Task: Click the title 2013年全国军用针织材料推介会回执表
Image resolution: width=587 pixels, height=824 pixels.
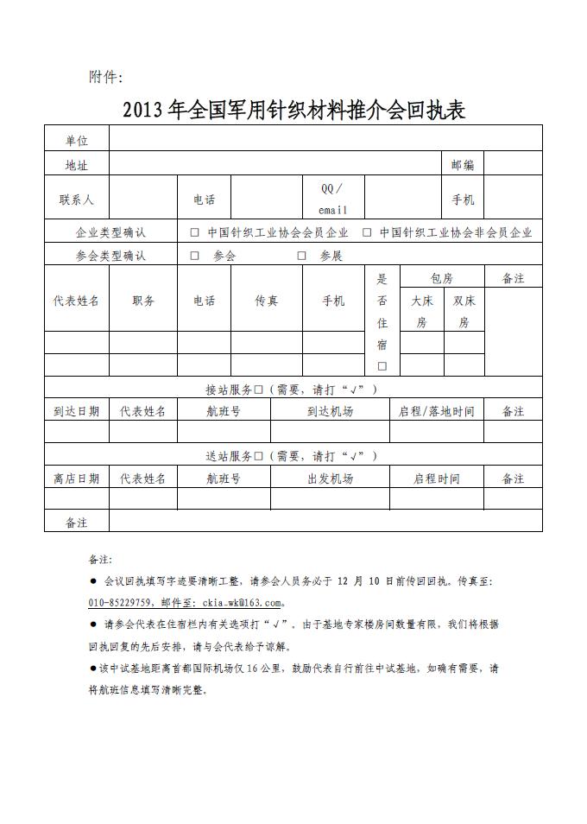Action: pyautogui.click(x=293, y=111)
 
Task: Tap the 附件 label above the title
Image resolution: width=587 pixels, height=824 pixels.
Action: pyautogui.click(x=106, y=77)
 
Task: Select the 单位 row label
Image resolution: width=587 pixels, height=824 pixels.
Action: pyautogui.click(x=77, y=140)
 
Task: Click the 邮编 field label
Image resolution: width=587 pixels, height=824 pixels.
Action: pyautogui.click(x=463, y=164)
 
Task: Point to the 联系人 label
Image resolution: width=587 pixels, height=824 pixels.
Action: pyautogui.click(x=77, y=200)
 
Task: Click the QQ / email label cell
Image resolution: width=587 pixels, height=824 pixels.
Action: pyautogui.click(x=332, y=199)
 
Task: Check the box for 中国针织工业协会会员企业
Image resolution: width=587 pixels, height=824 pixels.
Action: pyautogui.click(x=194, y=232)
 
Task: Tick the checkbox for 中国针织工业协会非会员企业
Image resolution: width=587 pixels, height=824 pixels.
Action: pyautogui.click(x=367, y=232)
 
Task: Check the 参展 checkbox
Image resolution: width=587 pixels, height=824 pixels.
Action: pyautogui.click(x=302, y=256)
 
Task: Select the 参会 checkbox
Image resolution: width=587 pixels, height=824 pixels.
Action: pyautogui.click(x=194, y=256)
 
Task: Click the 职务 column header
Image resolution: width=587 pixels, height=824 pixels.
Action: pyautogui.click(x=143, y=301)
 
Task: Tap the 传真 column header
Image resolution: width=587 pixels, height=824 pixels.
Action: pyautogui.click(x=266, y=301)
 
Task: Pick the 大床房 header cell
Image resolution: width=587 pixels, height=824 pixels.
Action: pyautogui.click(x=421, y=311)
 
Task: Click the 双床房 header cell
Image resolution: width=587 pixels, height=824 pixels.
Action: pyautogui.click(x=464, y=311)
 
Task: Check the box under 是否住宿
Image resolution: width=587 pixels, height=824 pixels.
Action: pyautogui.click(x=382, y=365)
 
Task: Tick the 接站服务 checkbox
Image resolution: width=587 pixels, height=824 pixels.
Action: pyautogui.click(x=258, y=389)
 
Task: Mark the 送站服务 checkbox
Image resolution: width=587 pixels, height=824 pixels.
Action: pyautogui.click(x=258, y=455)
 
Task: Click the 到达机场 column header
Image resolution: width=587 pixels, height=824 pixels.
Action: pyautogui.click(x=330, y=411)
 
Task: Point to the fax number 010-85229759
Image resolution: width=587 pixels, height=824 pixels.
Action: pyautogui.click(x=120, y=602)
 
